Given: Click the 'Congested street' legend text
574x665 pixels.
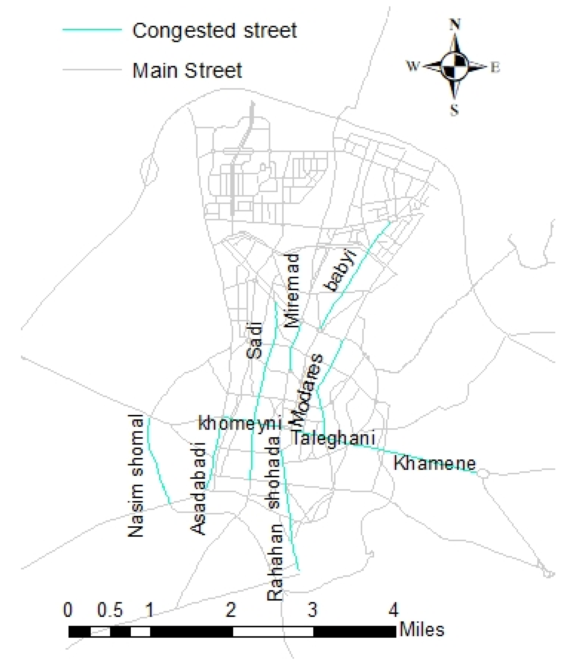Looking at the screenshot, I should pyautogui.click(x=215, y=31).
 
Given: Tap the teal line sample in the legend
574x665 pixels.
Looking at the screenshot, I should pyautogui.click(x=92, y=30).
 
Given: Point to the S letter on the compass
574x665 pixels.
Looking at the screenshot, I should pyautogui.click(x=454, y=111).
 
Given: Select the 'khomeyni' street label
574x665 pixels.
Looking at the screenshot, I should pyautogui.click(x=240, y=423).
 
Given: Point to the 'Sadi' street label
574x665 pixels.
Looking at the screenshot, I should pyautogui.click(x=254, y=340).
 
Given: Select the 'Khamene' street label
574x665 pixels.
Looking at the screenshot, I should pyautogui.click(x=435, y=464).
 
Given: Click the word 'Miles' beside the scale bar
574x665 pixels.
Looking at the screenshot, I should pyautogui.click(x=422, y=630).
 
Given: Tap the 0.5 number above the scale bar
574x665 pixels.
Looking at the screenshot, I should pyautogui.click(x=110, y=610).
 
